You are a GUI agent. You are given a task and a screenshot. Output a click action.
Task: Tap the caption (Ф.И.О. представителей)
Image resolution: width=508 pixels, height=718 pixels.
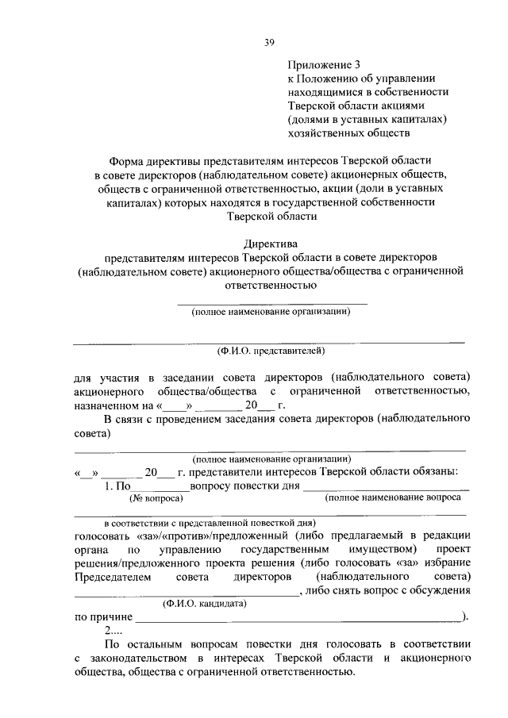pos(270,350)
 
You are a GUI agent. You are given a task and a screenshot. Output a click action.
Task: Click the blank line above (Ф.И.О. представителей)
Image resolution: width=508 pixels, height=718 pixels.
pos(270,342)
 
